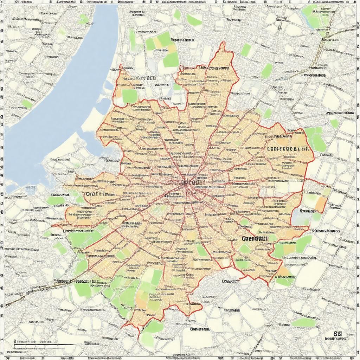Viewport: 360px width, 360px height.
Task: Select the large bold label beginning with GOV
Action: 255,238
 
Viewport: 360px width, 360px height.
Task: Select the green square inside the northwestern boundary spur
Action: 129,96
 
